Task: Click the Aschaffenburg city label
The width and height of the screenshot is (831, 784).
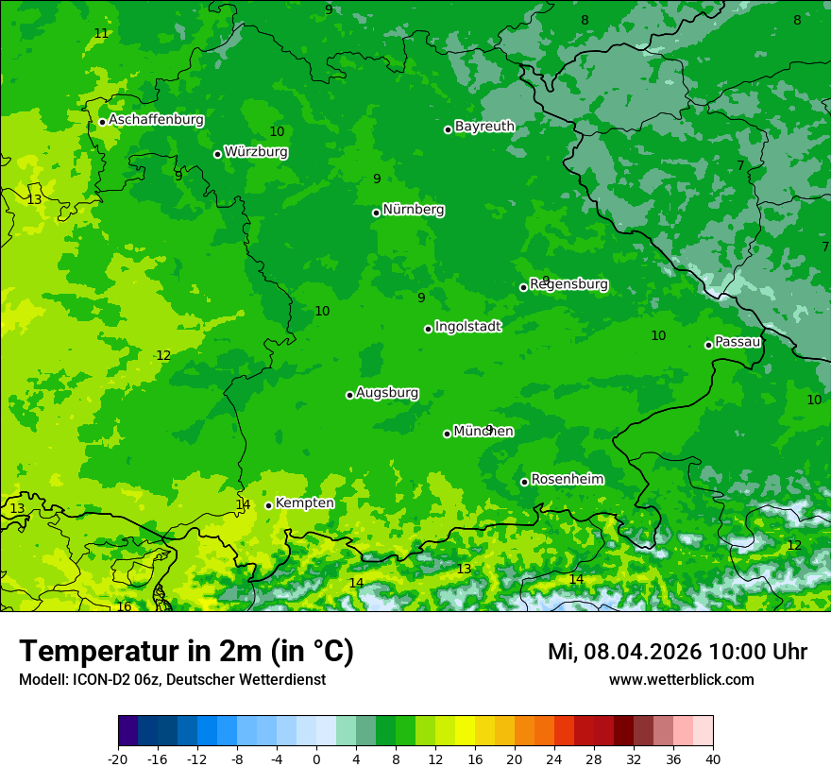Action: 156,120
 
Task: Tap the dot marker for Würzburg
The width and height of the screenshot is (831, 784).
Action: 217,154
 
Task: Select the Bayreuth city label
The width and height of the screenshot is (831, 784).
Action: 484,126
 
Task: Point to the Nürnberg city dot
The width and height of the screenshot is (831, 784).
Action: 376,213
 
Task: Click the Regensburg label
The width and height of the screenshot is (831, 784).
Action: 568,283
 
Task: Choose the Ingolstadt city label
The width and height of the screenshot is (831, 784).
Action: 467,327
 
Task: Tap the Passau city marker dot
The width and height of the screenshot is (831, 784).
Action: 708,345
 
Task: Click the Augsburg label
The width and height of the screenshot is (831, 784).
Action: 387,392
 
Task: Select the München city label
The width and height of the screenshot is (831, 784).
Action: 483,431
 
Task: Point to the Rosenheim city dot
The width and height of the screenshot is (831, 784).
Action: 524,482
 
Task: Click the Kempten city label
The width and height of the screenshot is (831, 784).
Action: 304,503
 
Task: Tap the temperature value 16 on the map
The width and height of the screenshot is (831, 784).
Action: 124,606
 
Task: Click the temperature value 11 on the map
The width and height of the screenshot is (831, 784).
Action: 101,33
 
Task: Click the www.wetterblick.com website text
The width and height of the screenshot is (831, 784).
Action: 681,679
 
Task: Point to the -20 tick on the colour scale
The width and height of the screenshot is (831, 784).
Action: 118,758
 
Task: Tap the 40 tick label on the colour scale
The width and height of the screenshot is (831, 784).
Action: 712,758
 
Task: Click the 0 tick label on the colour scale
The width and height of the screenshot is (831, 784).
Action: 316,758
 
